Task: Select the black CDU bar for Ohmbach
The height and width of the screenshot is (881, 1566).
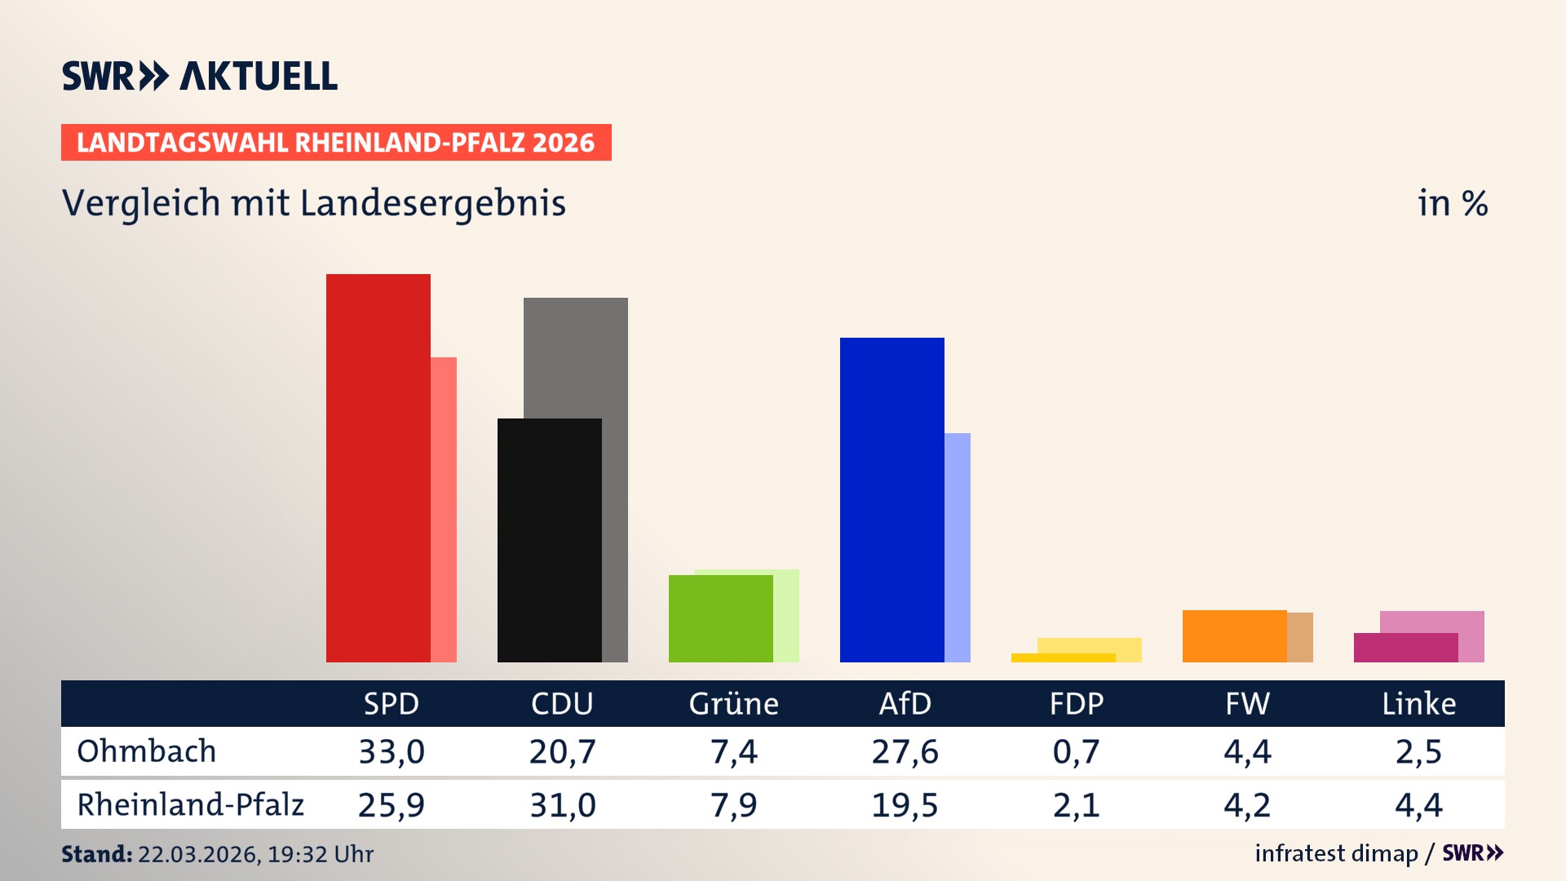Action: pos(549,540)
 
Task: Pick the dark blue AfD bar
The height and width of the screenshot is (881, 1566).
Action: pos(891,499)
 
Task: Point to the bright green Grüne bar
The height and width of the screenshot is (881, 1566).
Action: pos(720,618)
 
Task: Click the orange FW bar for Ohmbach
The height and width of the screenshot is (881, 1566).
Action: pos(1234,635)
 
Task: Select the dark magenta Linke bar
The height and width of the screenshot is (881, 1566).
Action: pos(1405,648)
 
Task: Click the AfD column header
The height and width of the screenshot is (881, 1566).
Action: pos(905,704)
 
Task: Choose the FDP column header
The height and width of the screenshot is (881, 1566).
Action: pos(1076,704)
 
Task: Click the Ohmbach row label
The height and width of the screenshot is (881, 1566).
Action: pos(147,751)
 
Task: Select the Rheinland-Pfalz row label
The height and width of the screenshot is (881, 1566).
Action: pos(190,805)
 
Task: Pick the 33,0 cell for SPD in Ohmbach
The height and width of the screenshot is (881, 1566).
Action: pos(391,751)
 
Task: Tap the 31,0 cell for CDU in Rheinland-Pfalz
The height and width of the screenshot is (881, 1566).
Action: pos(563,805)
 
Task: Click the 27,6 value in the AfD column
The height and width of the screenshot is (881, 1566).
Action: pos(905,751)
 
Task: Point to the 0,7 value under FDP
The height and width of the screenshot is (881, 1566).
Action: pos(1076,751)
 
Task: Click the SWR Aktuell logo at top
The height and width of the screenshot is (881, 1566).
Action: pos(200,76)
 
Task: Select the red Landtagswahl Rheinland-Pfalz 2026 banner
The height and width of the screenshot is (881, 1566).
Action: pos(336,143)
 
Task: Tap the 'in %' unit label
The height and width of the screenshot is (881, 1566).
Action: pos(1452,203)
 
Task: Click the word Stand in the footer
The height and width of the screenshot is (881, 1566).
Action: pos(96,854)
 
